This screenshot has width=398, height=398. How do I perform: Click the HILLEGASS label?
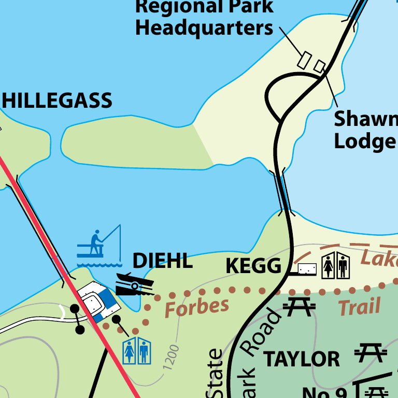pyautogui.click(x=57, y=101)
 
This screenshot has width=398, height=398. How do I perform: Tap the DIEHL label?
pyautogui.click(x=163, y=261)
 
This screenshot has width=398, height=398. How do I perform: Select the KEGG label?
pyautogui.click(x=253, y=266)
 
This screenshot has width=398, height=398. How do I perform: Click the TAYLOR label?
pyautogui.click(x=302, y=359)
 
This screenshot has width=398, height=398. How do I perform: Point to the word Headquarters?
pyautogui.click(x=204, y=28)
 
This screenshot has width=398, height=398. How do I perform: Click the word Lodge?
pyautogui.click(x=364, y=141)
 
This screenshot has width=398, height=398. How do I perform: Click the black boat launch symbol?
pyautogui.click(x=134, y=283)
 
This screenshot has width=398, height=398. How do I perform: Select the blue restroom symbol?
pyautogui.click(x=136, y=352)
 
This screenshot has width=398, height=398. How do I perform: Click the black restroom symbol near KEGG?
pyautogui.click(x=335, y=265)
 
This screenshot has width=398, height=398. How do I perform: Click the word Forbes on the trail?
pyautogui.click(x=196, y=307)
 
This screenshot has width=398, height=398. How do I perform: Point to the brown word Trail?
pyautogui.click(x=359, y=307)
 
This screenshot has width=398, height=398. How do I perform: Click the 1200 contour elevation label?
pyautogui.click(x=170, y=357)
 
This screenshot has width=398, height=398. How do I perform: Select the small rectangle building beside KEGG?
pyautogui.click(x=307, y=269)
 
